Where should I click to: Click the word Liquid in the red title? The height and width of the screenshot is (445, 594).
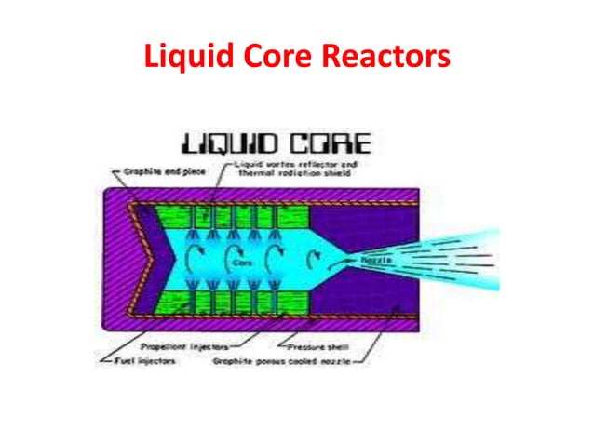187,58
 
